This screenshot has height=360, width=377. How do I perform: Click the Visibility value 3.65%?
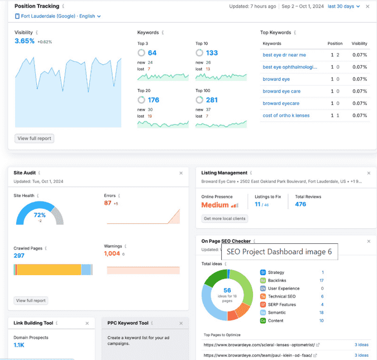25,41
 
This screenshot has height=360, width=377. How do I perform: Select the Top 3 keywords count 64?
152,53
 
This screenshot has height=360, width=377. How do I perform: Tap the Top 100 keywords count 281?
212,100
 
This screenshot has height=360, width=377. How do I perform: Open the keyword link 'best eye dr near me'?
284,55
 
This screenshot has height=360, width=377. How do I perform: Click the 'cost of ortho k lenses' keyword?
285,116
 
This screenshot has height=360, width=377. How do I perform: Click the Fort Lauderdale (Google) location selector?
58,16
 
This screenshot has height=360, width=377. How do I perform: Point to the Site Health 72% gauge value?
40,215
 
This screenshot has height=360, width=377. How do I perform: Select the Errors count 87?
108,203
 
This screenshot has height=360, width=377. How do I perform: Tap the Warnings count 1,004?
112,253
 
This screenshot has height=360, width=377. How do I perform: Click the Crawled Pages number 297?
19,255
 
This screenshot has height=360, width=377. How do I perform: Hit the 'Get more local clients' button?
225,219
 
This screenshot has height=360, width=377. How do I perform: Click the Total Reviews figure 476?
300,204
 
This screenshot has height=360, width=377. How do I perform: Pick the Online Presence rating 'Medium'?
215,205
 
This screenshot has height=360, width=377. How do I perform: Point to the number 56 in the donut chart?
227,290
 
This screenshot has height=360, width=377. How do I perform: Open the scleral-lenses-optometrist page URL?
261,345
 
